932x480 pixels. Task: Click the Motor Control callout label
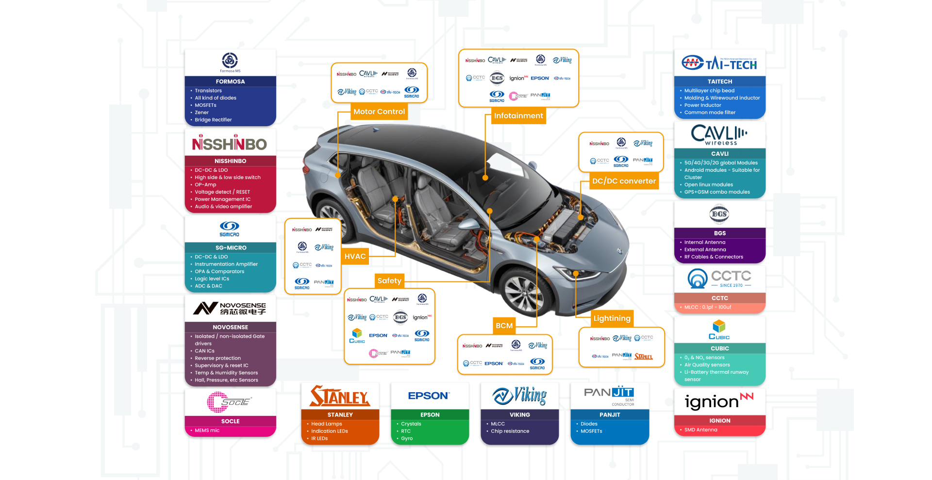pos(379,112)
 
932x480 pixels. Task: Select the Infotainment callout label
pos(518,116)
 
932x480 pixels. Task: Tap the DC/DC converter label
pos(624,181)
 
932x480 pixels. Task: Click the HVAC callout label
pos(355,256)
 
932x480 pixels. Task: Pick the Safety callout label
pos(389,281)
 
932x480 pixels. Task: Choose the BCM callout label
pos(504,326)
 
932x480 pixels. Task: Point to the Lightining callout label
pos(612,318)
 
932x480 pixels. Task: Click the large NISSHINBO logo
pos(230,143)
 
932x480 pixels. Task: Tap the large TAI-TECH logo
pos(719,63)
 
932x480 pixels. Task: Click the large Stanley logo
pos(340,396)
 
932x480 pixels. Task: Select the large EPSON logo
pos(429,396)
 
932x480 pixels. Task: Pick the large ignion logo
pos(719,401)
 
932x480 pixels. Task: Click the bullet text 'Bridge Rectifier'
pos(213,120)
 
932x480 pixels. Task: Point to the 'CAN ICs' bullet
pos(204,351)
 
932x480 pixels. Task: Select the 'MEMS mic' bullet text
pos(207,430)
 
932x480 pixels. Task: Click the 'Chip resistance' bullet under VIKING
pos(510,431)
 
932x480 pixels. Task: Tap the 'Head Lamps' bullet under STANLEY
pos(326,424)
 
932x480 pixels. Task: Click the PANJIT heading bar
pos(610,414)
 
